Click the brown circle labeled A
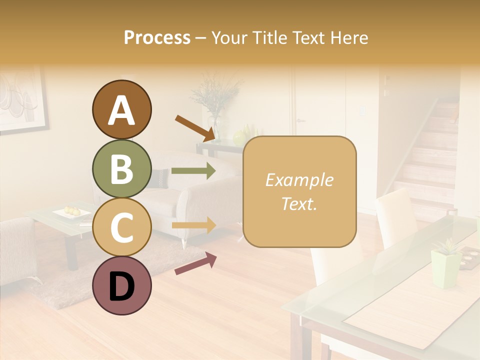coord(121,109)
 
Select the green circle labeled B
coord(121,169)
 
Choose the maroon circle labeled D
coord(121,285)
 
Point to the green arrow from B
coord(193,170)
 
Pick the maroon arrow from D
coord(195,264)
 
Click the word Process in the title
coord(157,37)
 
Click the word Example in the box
coord(299,180)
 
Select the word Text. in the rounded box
coord(299,203)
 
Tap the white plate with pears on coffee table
coord(72,213)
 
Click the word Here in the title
coord(348,37)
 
